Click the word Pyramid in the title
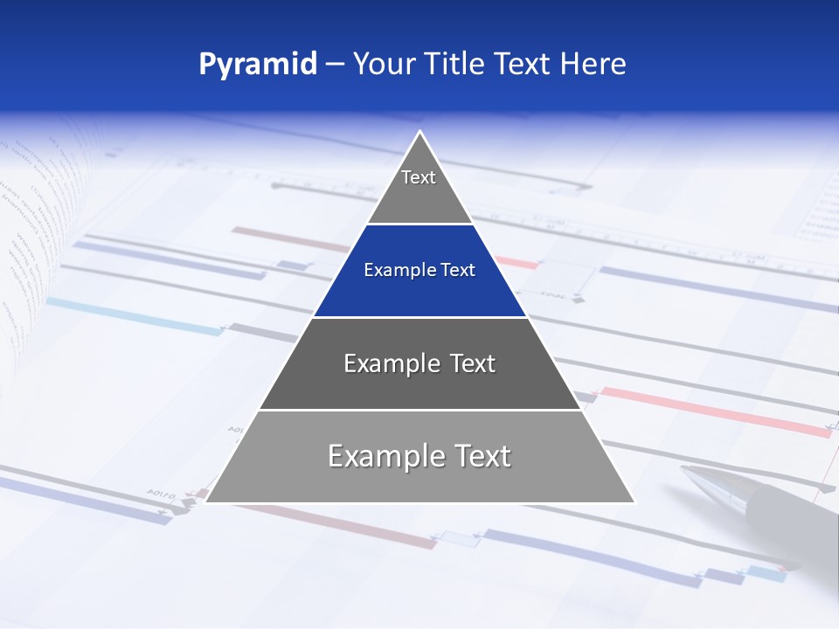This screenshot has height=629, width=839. click(257, 65)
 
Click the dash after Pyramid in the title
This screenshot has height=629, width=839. click(335, 65)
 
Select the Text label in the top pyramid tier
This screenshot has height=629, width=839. click(419, 177)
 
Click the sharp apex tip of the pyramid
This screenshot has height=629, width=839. click(420, 132)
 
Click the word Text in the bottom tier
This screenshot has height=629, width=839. click(482, 456)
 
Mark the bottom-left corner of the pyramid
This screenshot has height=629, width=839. click(206, 502)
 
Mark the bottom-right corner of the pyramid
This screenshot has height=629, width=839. click(634, 502)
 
